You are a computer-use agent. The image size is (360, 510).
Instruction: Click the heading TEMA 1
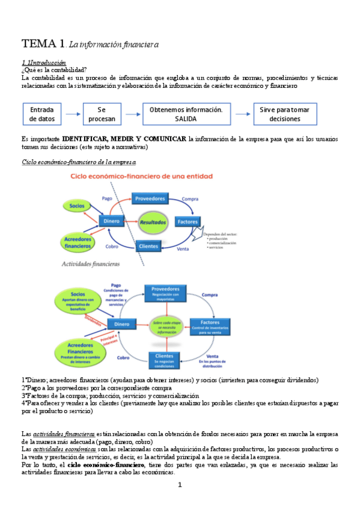(44, 44)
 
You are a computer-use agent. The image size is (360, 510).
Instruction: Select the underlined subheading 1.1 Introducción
(44, 63)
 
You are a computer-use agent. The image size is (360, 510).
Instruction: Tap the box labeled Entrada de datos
(41, 114)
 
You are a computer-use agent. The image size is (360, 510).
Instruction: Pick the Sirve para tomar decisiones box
(285, 114)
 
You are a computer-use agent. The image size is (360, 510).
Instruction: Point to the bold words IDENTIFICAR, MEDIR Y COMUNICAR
(124, 139)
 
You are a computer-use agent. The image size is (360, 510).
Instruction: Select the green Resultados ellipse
(152, 222)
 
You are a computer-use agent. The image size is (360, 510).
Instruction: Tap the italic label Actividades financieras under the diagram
(90, 263)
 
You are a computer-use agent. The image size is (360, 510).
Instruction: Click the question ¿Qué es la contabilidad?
(54, 70)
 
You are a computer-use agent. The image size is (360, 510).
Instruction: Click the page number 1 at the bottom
(180, 485)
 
